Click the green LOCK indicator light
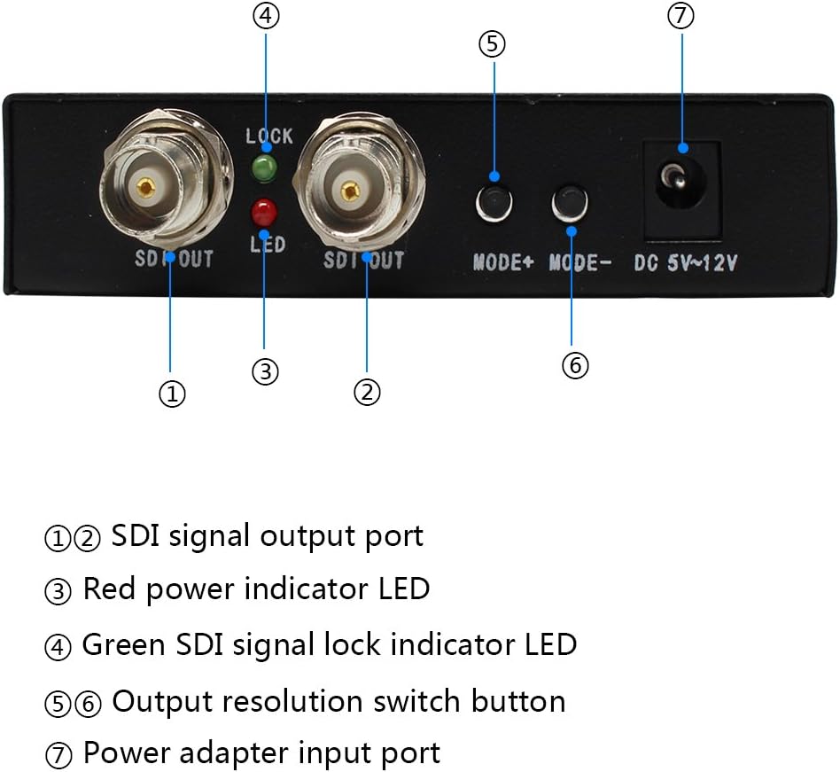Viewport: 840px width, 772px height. coord(264,168)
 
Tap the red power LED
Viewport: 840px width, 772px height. coord(264,212)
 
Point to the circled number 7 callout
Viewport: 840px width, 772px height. coord(681,16)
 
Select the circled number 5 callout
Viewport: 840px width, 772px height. coord(493,44)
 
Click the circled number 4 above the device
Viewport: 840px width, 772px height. coord(266,16)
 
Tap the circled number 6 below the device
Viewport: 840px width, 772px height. coord(575,365)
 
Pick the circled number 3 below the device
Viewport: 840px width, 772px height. coord(265,371)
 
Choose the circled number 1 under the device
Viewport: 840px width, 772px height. coord(172,394)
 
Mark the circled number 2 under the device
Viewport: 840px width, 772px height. coord(367,392)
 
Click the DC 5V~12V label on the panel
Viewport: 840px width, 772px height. coord(686,263)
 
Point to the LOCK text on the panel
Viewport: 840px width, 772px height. coord(269,136)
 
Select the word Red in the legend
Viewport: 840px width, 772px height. coord(109,589)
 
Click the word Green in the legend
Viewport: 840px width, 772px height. coord(123,644)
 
